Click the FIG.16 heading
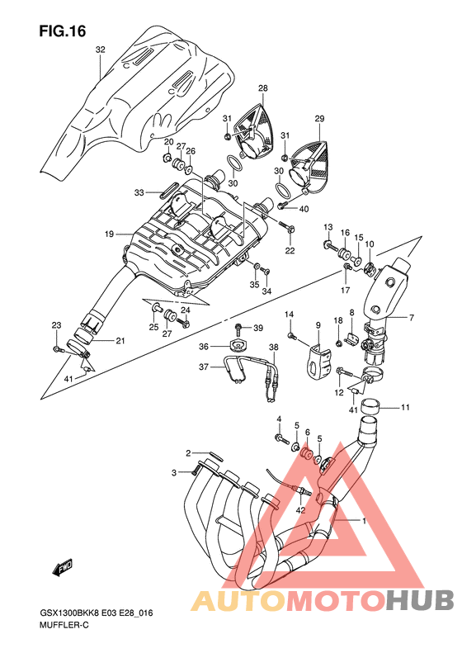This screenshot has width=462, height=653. click(63, 31)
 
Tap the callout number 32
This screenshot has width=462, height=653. click(101, 50)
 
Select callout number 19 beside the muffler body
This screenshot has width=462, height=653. click(109, 234)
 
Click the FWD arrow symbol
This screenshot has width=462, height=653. click(63, 568)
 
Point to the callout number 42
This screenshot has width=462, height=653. click(300, 509)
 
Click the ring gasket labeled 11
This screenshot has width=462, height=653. click(371, 405)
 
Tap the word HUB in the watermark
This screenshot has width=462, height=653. click(420, 600)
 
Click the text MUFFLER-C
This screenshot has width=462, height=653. click(64, 625)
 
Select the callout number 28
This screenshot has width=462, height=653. click(262, 88)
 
